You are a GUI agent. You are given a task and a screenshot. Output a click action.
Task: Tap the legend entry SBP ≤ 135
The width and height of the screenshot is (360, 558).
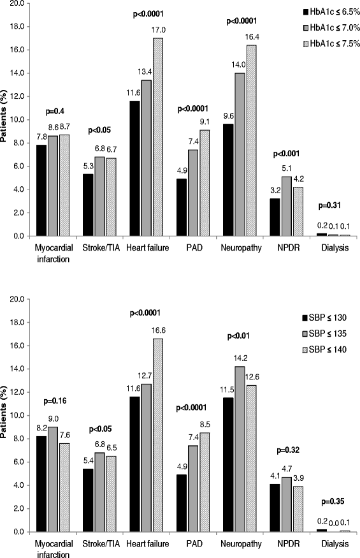332,333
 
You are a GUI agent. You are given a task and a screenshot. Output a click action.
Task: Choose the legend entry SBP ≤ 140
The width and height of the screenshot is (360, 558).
332,349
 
